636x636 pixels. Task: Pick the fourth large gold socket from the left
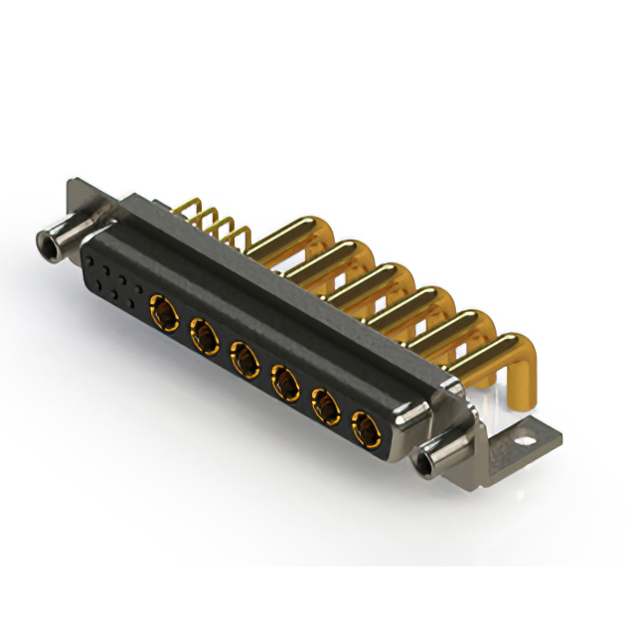tap(285, 381)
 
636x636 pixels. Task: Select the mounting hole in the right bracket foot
tap(525, 434)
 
